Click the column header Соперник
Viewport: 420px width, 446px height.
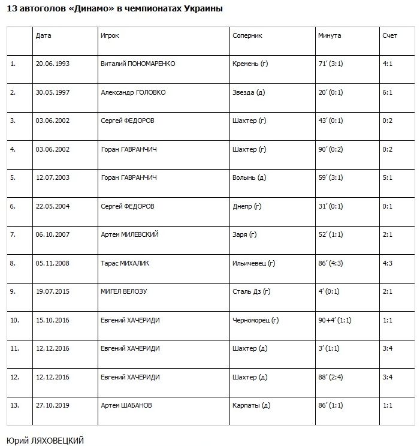[x=247, y=35]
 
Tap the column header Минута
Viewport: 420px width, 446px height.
[x=330, y=35]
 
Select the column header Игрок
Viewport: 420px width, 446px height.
[x=110, y=35]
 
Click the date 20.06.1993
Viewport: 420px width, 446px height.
[x=53, y=64]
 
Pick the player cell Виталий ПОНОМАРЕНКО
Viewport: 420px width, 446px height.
[x=138, y=64]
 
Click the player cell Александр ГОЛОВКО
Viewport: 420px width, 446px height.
[x=133, y=92]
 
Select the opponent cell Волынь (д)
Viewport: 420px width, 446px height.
[x=249, y=177]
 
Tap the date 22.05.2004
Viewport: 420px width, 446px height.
[x=53, y=206]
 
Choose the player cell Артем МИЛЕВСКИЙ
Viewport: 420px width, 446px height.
[x=129, y=234]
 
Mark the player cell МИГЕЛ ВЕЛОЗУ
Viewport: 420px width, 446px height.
[x=124, y=291]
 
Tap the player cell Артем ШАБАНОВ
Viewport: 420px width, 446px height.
[x=126, y=405]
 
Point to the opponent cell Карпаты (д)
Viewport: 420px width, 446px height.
[x=251, y=405]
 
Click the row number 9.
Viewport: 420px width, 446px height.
[x=14, y=291]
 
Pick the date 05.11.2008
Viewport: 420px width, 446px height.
[x=53, y=263]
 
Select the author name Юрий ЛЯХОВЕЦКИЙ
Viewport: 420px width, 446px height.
[x=45, y=440]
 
